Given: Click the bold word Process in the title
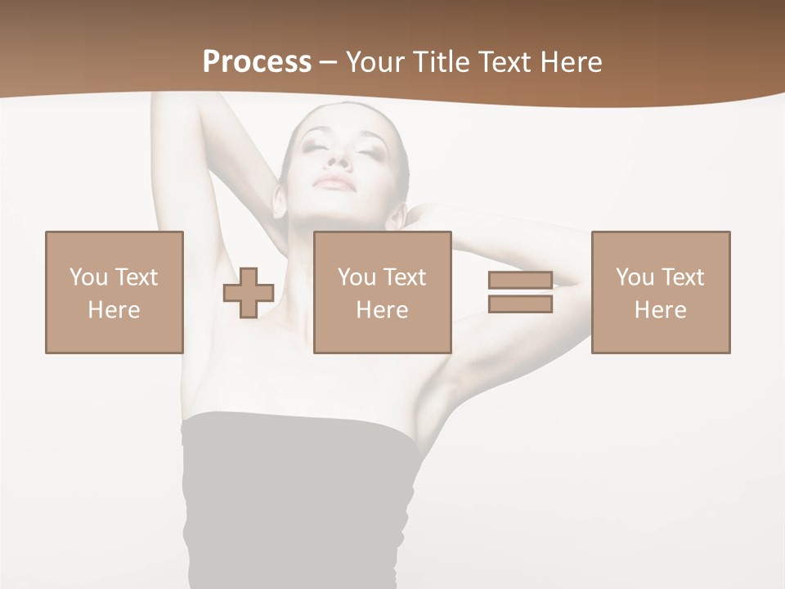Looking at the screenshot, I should click(257, 62).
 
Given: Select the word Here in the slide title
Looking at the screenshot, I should click(570, 62).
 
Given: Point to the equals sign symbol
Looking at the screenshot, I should click(520, 292).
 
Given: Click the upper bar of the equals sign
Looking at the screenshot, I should click(520, 281).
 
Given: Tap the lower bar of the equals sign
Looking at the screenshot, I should click(520, 304).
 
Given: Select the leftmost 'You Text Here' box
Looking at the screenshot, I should click(114, 293).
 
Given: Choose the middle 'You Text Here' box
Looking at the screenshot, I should click(382, 293).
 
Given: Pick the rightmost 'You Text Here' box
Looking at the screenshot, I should click(660, 293).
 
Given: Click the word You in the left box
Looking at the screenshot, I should click(88, 277).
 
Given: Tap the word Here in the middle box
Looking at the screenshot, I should click(382, 310).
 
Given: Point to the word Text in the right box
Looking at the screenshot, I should click(682, 277).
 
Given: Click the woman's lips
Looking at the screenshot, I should click(337, 181).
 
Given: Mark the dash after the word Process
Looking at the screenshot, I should click(328, 62).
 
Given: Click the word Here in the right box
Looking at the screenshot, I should click(660, 310).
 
